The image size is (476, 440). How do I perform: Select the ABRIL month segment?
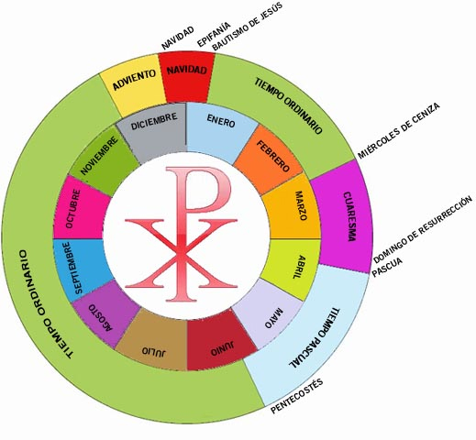(x=292, y=268)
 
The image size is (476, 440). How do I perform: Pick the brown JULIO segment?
(x=154, y=342)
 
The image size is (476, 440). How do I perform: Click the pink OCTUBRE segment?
(x=80, y=208)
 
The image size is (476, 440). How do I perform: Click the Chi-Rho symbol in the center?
(x=181, y=234)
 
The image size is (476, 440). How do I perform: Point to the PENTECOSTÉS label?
(x=297, y=396)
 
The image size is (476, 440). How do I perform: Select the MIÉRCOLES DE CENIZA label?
(x=398, y=131)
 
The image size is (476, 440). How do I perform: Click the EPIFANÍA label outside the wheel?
(x=214, y=34)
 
